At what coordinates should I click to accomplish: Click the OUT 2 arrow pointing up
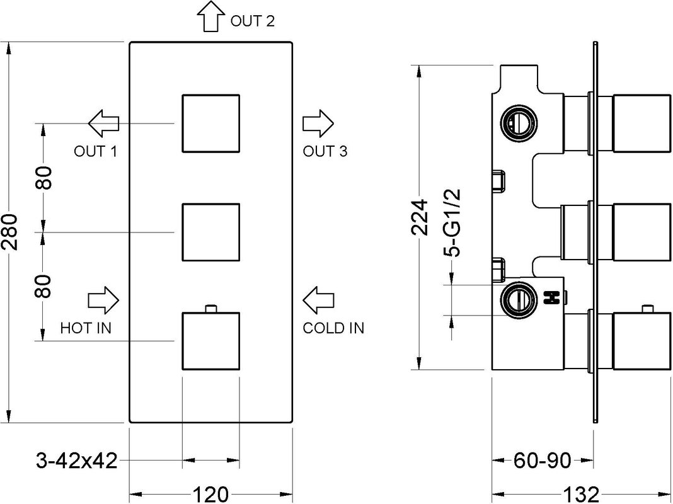[x=210, y=16]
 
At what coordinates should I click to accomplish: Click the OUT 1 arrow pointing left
[x=103, y=123]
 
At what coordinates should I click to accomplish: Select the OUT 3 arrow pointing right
[x=318, y=123]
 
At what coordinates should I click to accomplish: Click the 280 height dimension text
[x=9, y=232]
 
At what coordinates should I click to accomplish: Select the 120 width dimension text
[x=210, y=495]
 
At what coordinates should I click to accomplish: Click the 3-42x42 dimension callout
[x=77, y=462]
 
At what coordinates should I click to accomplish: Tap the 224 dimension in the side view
[x=420, y=217]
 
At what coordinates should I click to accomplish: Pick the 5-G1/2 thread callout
[x=452, y=222]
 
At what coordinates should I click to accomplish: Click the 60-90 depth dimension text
[x=543, y=461]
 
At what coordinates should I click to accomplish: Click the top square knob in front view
[x=210, y=123]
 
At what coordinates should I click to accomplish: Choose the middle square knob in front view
[x=210, y=232]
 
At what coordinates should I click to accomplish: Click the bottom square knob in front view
[x=210, y=341]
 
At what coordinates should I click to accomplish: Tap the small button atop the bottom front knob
[x=210, y=309]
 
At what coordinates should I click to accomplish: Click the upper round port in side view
[x=519, y=123]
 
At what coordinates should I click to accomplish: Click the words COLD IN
[x=333, y=328]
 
